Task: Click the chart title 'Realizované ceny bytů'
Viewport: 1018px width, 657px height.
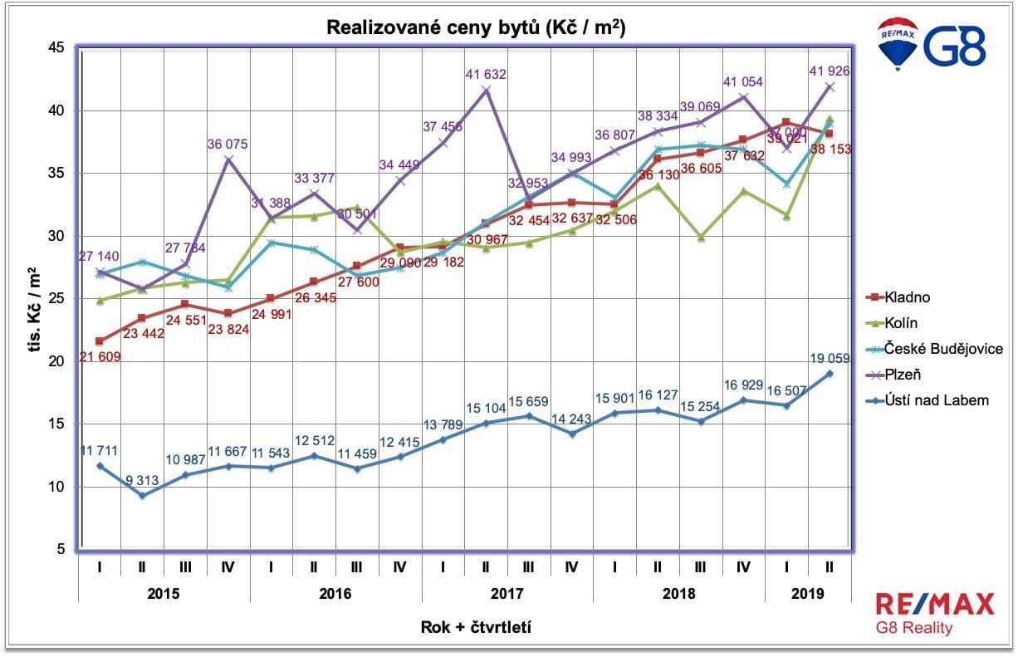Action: tap(476, 27)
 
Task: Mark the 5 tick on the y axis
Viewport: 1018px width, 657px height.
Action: tap(60, 549)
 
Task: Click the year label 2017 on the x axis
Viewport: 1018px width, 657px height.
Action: tap(507, 595)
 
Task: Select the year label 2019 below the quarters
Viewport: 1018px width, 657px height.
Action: tap(807, 595)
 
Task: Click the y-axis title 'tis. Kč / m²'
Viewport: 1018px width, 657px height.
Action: tap(37, 299)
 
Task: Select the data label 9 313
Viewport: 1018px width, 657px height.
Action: tap(144, 480)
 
